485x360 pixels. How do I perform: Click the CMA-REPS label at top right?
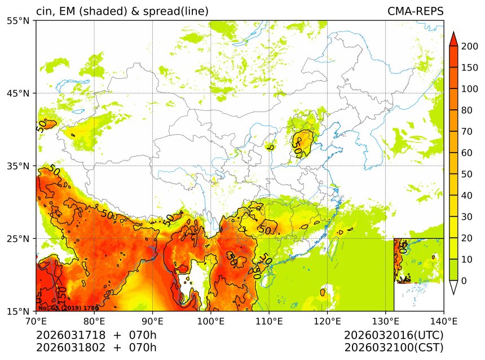coord(415,11)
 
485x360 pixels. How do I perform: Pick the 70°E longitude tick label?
coord(36,322)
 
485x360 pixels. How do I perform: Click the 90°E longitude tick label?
coord(152,322)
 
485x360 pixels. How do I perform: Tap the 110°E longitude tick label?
coord(268,322)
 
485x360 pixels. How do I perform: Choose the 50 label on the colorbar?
coord(465,174)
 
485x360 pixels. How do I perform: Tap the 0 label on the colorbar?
coord(463,281)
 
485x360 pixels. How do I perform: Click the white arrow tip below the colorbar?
coord(453,288)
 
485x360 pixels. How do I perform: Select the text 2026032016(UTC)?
coord(394,335)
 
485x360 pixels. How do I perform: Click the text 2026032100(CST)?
coord(394,347)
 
